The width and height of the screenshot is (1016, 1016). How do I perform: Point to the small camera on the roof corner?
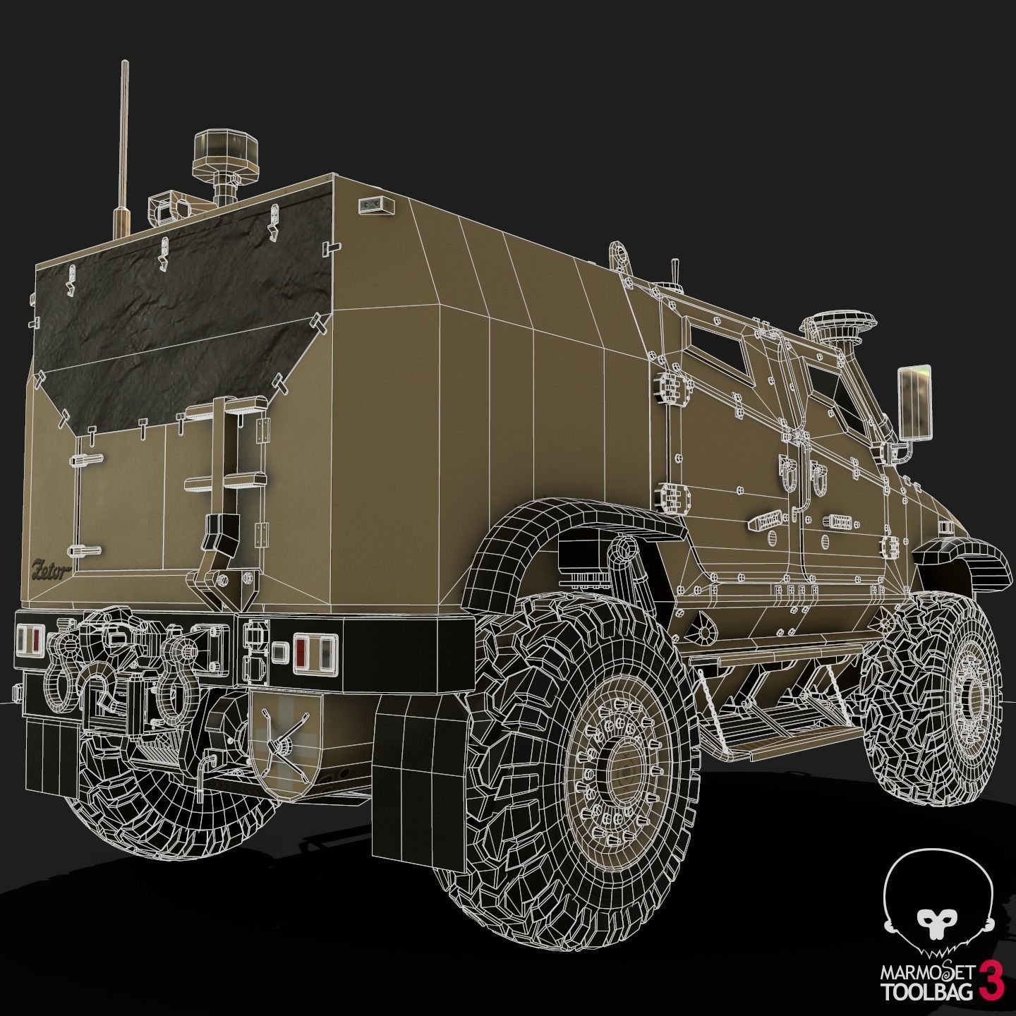click(372, 205)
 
